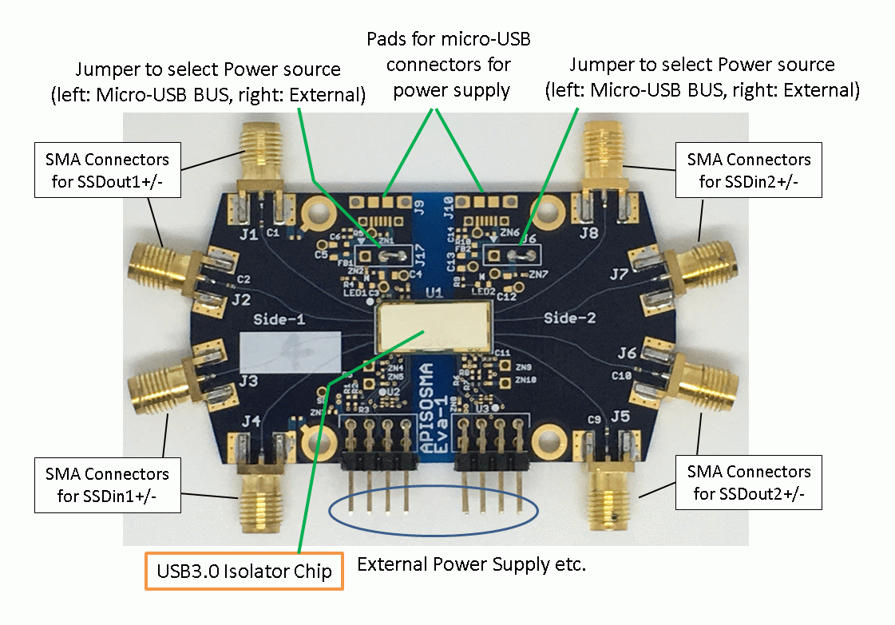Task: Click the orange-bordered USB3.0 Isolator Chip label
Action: pyautogui.click(x=244, y=572)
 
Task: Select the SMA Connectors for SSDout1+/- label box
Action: pyautogui.click(x=107, y=170)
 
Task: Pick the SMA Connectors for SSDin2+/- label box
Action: pyautogui.click(x=749, y=170)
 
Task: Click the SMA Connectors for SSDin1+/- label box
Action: pyautogui.click(x=107, y=485)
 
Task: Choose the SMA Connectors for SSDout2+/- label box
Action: pyautogui.click(x=749, y=482)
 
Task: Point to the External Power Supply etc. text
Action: pyautogui.click(x=471, y=565)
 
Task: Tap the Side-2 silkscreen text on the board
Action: pyautogui.click(x=570, y=318)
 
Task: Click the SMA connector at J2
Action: pyautogui.click(x=164, y=267)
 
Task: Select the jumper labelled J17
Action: pyautogui.click(x=384, y=255)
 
